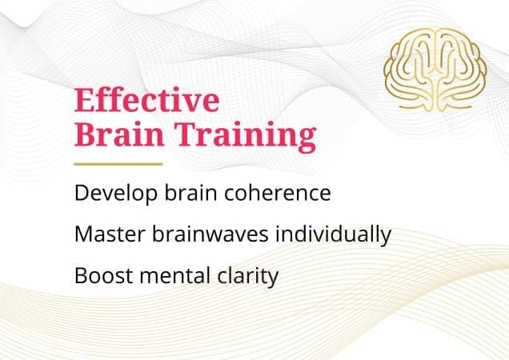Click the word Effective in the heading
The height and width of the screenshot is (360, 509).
point(146,102)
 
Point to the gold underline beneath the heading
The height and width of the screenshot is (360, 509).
point(118,164)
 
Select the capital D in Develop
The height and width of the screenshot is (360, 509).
point(80,194)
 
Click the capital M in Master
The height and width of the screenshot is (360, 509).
point(82,235)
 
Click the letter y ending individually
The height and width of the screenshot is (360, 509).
point(385,238)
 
